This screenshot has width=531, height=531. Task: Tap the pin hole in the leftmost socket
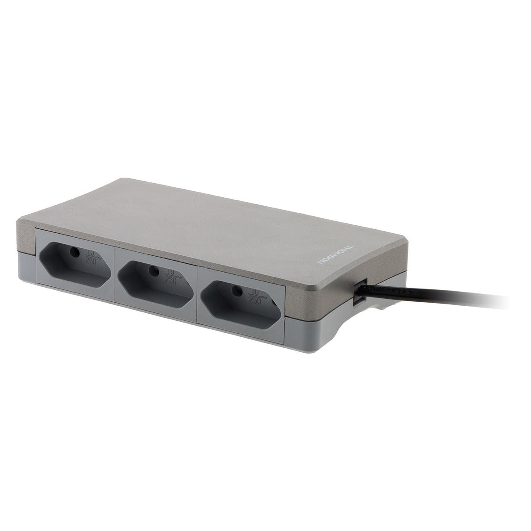click(x=75, y=252)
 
